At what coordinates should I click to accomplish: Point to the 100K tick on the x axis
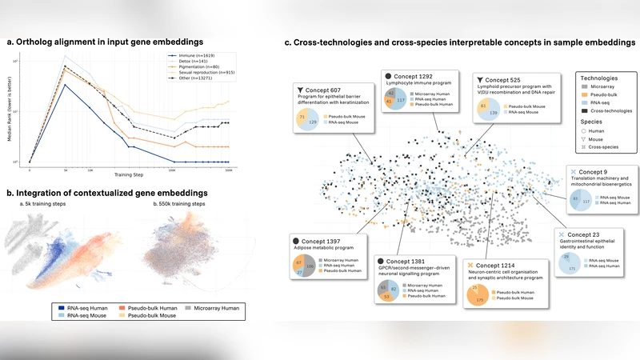coord(173,170)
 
